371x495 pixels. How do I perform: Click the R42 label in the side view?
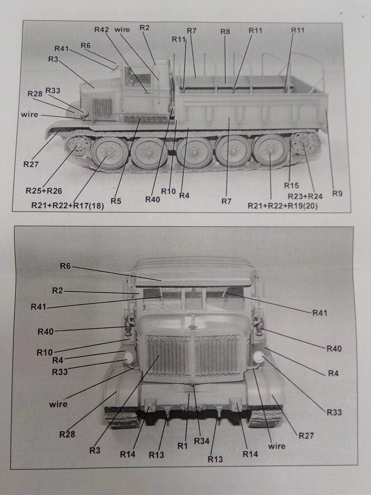[x=101, y=30]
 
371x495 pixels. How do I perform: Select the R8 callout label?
[x=225, y=32]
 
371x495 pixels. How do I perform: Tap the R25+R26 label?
[x=44, y=191]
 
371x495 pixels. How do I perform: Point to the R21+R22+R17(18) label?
[x=67, y=206]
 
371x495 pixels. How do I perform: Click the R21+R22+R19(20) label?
[x=283, y=206]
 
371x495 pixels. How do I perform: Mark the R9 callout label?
[x=337, y=194]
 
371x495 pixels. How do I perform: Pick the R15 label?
[x=291, y=186]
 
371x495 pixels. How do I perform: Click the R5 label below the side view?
[x=116, y=201]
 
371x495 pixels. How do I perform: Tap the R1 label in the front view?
[x=182, y=446]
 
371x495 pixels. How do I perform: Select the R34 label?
[x=202, y=441]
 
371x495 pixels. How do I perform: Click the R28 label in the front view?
[x=67, y=434]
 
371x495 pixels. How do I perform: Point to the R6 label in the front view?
[x=65, y=266]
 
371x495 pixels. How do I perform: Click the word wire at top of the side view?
[x=122, y=30]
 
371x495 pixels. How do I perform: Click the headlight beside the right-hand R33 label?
[x=258, y=357]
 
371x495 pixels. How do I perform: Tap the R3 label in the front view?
[x=95, y=450]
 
